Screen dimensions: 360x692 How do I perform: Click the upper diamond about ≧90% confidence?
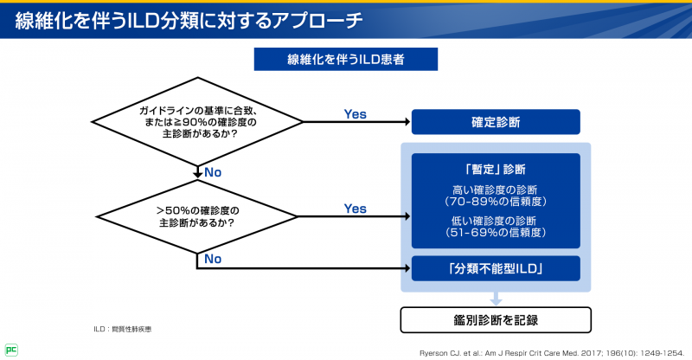tap(198, 122)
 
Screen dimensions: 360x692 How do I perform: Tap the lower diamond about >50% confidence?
tap(198, 216)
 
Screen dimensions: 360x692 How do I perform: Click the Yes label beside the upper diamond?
tap(355, 114)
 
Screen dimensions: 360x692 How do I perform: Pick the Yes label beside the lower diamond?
tap(355, 209)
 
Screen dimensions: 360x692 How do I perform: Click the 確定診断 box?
tap(495, 122)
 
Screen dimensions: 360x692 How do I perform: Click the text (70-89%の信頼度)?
tap(495, 202)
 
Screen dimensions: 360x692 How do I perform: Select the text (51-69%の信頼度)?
tap(495, 233)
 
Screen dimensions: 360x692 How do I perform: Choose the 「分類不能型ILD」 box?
tap(495, 268)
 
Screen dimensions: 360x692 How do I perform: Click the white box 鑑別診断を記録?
tap(495, 319)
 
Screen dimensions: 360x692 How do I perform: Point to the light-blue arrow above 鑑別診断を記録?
tap(495, 299)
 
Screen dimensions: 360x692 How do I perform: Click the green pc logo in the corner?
tap(11, 350)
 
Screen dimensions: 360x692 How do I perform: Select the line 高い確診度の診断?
tap(495, 190)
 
